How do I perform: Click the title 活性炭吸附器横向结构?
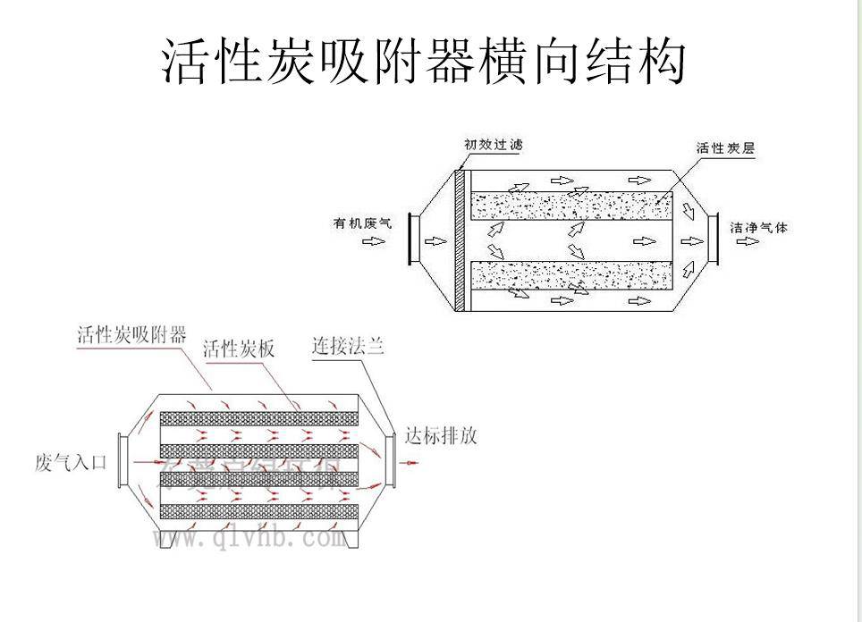coord(424,60)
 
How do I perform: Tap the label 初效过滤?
coord(493,144)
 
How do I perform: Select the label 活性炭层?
coord(725,148)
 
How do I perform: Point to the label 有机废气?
coord(363,223)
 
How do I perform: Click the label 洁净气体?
coord(759,227)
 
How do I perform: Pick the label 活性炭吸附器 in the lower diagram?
coord(131,335)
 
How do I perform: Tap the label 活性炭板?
coord(239,349)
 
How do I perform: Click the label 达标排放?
coord(441,435)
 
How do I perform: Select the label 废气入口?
coord(72,463)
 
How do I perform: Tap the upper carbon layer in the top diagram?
coord(572,207)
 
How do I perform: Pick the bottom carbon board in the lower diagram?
coord(258,512)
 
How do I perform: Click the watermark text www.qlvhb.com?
coord(249,538)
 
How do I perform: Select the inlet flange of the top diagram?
coord(412,239)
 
